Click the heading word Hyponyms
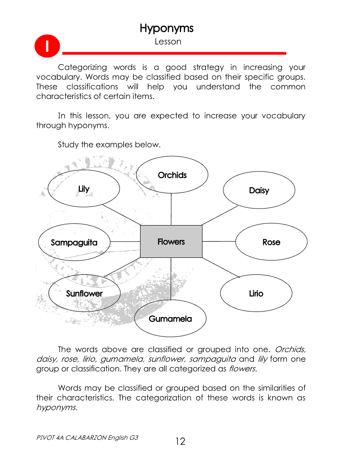(x=166, y=28)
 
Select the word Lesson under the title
(x=168, y=42)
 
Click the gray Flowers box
(x=171, y=241)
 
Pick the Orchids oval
(x=172, y=175)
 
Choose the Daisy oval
(x=259, y=190)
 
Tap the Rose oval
(x=271, y=242)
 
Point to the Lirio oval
(x=256, y=294)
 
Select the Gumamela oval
(x=170, y=319)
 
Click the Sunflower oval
(x=84, y=294)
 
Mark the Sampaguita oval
(x=74, y=243)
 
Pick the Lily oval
(x=84, y=189)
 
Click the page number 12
(x=180, y=442)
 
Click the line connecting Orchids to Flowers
(x=171, y=209)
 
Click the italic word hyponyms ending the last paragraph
(x=56, y=408)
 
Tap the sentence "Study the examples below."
(x=109, y=145)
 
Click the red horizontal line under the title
(x=175, y=53)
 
